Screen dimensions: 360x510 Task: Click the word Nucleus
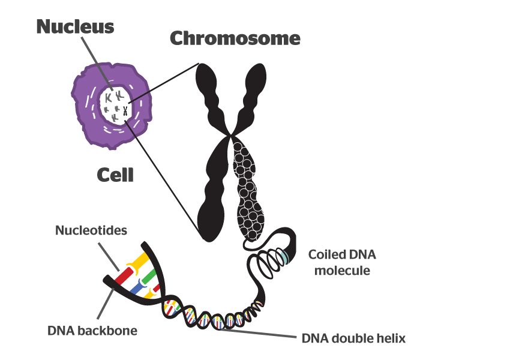pyautogui.click(x=74, y=26)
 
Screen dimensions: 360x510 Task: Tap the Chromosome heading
pyautogui.click(x=235, y=39)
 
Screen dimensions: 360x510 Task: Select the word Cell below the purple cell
pyautogui.click(x=115, y=175)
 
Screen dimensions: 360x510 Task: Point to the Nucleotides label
pyautogui.click(x=91, y=230)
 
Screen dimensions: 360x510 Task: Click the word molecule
pyautogui.click(x=342, y=270)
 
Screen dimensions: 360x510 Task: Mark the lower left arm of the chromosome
pyautogui.click(x=213, y=192)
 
